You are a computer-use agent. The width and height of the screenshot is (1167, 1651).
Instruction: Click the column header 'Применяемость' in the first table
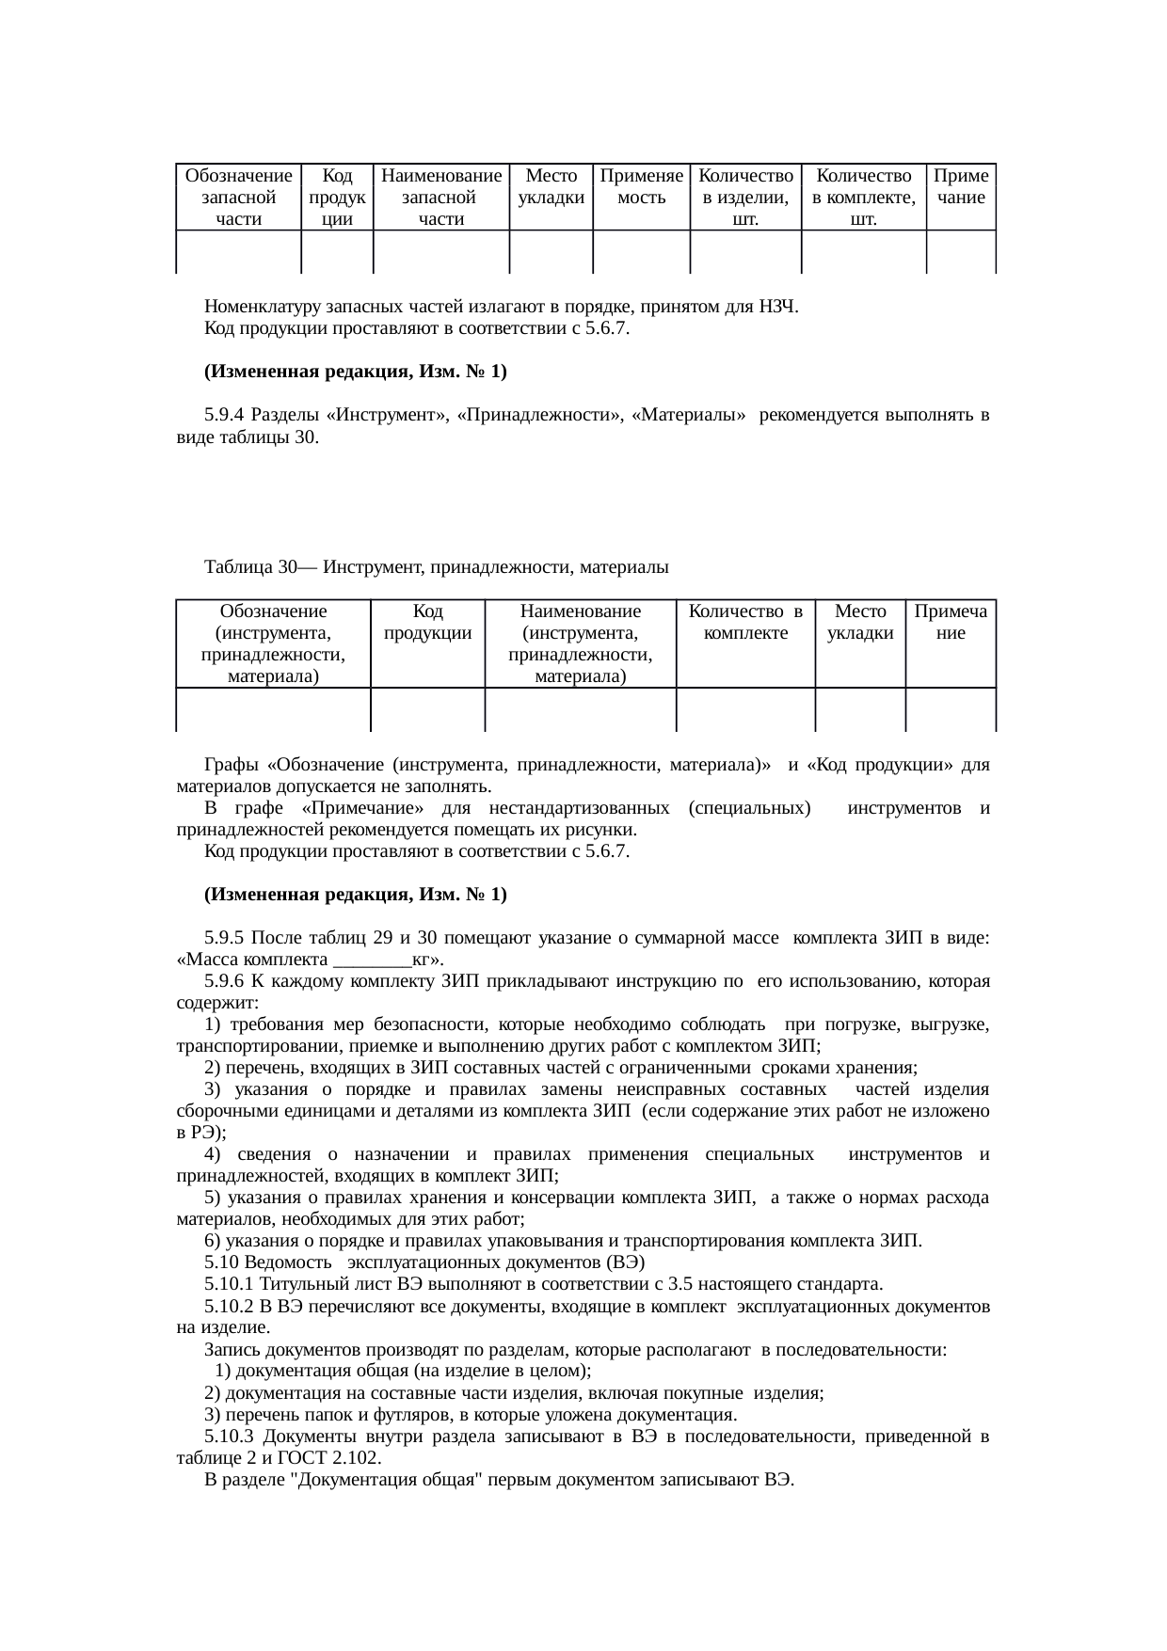(x=641, y=187)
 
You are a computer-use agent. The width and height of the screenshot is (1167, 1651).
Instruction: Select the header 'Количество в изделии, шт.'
(x=745, y=198)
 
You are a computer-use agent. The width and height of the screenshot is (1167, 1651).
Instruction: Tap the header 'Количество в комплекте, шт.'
(x=863, y=198)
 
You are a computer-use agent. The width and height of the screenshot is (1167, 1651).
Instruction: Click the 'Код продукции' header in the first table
(x=337, y=198)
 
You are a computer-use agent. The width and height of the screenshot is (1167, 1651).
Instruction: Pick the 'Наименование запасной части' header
(x=441, y=198)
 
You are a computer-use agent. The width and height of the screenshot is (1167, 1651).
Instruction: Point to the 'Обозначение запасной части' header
(x=238, y=198)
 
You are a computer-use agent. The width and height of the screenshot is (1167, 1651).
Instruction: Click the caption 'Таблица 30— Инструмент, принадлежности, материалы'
(x=436, y=567)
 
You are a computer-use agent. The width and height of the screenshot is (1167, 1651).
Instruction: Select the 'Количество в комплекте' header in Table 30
(x=745, y=623)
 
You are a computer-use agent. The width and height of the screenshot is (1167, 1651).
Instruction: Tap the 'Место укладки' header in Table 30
(x=860, y=623)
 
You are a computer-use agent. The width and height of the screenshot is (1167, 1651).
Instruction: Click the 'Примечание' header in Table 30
(x=951, y=623)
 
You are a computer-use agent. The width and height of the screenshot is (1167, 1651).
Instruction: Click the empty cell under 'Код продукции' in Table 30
(x=427, y=710)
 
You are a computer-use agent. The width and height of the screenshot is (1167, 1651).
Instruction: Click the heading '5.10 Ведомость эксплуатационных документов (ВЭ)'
(x=424, y=1262)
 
